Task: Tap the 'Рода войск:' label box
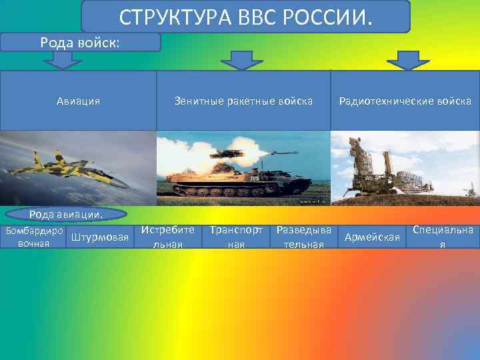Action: [81, 43]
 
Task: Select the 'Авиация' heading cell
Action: [78, 101]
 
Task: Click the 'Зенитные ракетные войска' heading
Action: [243, 101]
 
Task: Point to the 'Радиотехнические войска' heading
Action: [405, 101]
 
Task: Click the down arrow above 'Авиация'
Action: [63, 61]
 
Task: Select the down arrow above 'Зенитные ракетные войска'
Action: [242, 61]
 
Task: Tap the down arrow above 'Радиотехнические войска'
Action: [408, 61]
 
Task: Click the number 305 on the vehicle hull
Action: [254, 179]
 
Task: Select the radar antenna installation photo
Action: [405, 168]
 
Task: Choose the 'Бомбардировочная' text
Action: [33, 237]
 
